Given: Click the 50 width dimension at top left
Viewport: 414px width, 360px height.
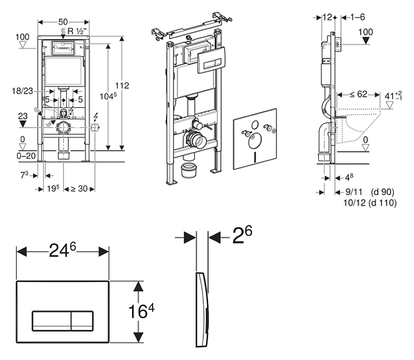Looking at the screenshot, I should click(63, 22).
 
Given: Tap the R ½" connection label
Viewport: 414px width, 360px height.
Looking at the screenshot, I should click(74, 31).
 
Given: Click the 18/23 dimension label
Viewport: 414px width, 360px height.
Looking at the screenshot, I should click(22, 91).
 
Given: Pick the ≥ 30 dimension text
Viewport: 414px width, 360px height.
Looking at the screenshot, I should click(79, 189).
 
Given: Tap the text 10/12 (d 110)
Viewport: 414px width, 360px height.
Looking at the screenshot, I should click(370, 203).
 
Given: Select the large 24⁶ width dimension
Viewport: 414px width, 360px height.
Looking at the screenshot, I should click(63, 250).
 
